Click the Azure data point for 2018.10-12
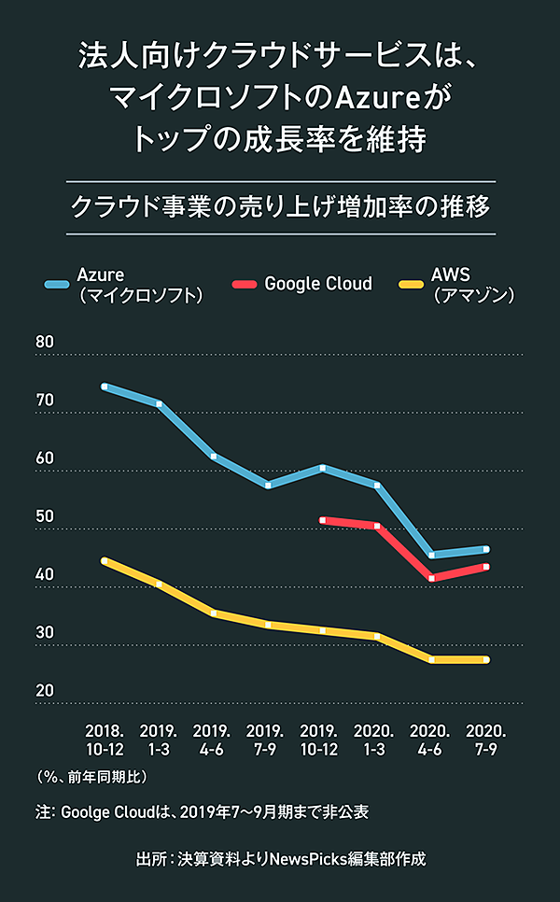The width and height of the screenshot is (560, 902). click(105, 386)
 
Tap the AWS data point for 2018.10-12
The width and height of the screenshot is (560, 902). click(105, 560)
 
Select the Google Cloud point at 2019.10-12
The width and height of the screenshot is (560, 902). click(323, 520)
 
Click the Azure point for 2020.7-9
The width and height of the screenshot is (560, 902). click(486, 549)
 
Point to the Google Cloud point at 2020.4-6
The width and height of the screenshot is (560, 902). click(431, 578)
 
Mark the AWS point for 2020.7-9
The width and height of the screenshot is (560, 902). click(486, 660)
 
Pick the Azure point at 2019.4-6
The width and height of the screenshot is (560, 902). click(214, 456)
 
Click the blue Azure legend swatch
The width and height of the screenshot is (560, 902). click(58, 283)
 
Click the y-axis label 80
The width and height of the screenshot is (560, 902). click(45, 342)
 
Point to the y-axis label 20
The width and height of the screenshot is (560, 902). click(45, 691)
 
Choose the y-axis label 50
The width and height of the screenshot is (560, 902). click(45, 516)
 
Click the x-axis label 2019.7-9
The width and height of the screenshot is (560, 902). click(268, 737)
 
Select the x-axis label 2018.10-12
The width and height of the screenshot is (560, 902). click(105, 737)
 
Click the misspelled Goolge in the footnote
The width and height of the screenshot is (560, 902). click(89, 811)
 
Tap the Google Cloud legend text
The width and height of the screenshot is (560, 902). click(318, 283)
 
